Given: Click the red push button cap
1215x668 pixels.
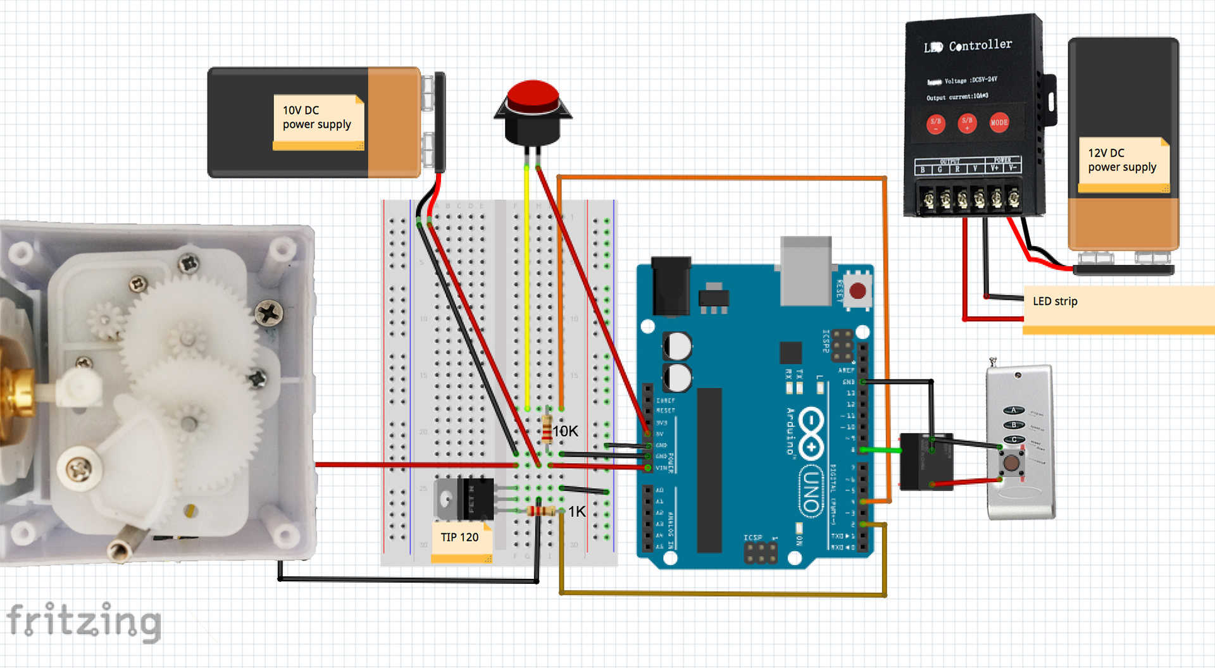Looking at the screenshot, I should [x=533, y=96].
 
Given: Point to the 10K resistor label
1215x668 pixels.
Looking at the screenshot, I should [x=566, y=431].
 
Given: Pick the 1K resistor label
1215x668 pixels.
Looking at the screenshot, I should [x=577, y=512].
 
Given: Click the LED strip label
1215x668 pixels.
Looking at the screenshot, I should [x=1055, y=302].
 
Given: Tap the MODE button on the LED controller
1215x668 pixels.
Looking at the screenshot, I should [x=999, y=123].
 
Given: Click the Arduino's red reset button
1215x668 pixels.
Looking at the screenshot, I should [x=857, y=291].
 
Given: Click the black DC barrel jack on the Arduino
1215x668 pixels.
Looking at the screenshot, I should [x=671, y=285].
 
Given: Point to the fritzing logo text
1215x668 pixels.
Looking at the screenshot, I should [x=84, y=621].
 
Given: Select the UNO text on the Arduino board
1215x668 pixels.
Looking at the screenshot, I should [x=811, y=491].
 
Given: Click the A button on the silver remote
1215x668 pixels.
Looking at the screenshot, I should [x=1013, y=411].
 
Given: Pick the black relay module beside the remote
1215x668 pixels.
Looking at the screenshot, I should [x=926, y=462].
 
